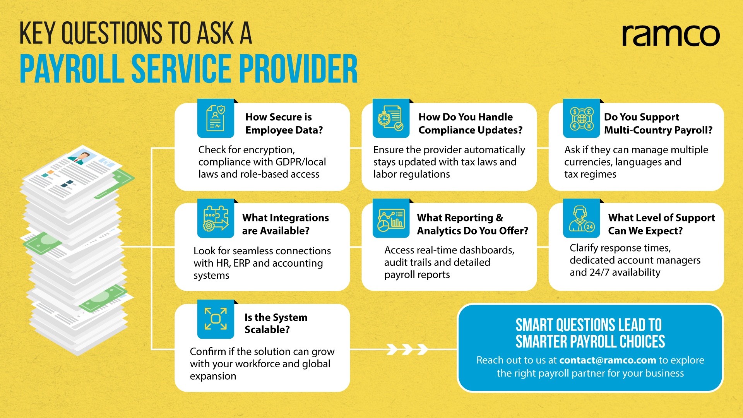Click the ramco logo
671,36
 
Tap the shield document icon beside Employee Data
216,118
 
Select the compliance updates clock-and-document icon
391,118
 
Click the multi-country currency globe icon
582,118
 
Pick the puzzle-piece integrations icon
216,218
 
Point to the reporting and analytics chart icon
391,218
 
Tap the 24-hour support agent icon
582,218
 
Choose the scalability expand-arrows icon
216,319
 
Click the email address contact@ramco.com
608,360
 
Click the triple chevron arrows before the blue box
407,349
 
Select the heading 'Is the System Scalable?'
276,323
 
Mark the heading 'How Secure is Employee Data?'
284,123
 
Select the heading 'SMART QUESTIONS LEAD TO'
589,325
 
